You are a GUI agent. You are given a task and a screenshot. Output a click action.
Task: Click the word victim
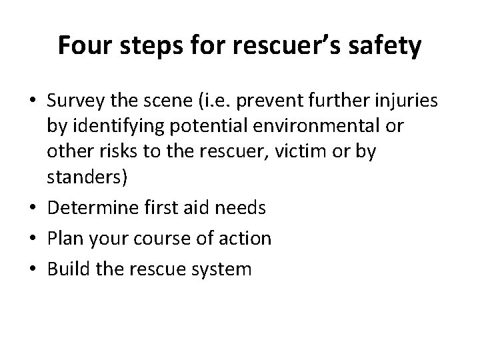click(x=312, y=152)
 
